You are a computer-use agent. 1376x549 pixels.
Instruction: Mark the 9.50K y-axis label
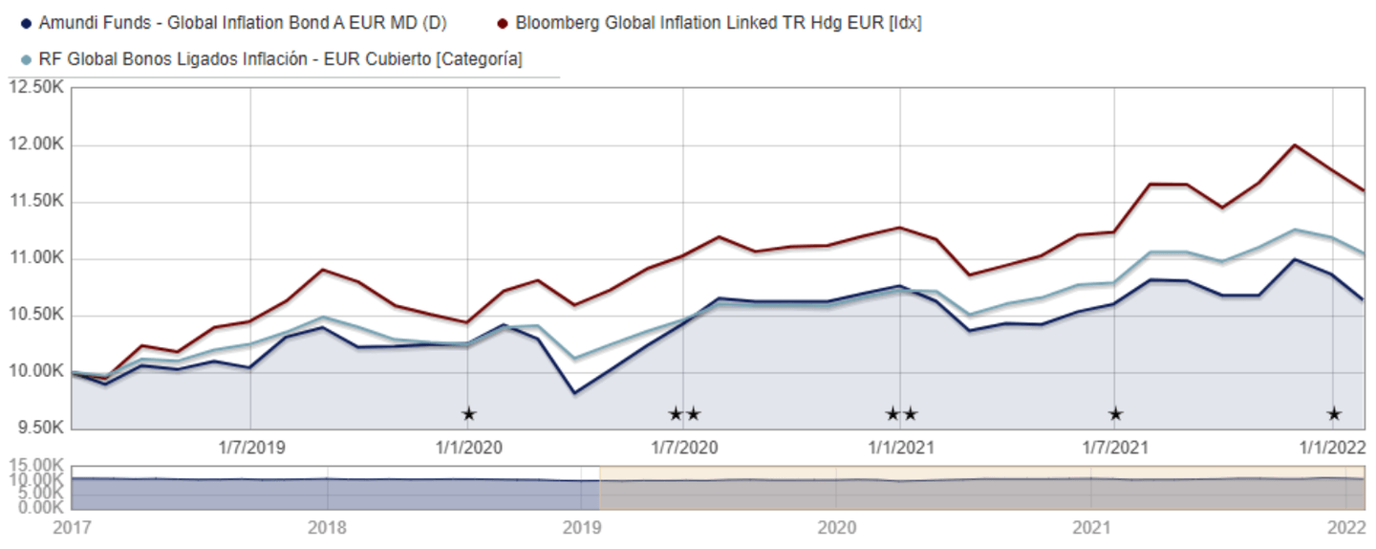37,428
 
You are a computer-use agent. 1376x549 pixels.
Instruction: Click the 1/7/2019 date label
251,447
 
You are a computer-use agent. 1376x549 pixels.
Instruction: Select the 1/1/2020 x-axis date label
468,447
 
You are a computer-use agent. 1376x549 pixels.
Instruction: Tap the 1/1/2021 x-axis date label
901,447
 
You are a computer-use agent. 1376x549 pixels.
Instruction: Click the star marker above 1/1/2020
468,414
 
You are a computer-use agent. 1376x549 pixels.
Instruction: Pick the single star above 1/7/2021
1115,414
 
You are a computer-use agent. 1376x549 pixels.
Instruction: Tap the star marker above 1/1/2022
1334,414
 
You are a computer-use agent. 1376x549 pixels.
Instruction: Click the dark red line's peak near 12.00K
1294,145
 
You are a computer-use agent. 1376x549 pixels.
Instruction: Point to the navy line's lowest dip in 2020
574,392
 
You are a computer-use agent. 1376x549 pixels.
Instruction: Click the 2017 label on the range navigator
72,527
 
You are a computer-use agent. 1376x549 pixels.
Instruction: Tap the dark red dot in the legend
503,22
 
